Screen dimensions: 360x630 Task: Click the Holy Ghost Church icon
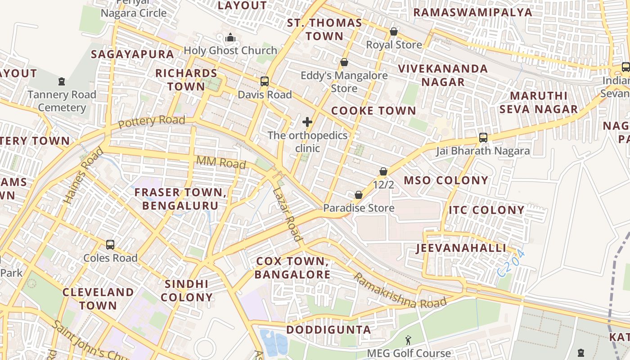click(x=230, y=37)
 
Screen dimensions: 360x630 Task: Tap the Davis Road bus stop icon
click(x=265, y=81)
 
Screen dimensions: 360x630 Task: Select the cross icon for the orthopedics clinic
click(x=307, y=122)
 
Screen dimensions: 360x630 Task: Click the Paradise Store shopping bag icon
click(x=359, y=195)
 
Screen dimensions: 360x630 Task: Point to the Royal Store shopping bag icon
click(x=394, y=31)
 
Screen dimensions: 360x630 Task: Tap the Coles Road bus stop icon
click(x=110, y=245)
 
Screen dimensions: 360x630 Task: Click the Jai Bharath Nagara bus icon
click(x=483, y=138)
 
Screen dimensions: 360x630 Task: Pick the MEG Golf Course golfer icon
click(x=408, y=340)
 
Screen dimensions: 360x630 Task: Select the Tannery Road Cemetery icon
click(x=62, y=81)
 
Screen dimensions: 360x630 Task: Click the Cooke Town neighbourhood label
click(x=373, y=111)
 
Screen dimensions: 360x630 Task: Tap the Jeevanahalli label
click(x=461, y=248)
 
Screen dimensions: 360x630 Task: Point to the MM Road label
click(x=221, y=162)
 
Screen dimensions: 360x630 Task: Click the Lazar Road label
click(x=287, y=215)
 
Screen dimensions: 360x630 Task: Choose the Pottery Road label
click(x=152, y=121)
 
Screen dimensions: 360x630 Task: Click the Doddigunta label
click(x=328, y=330)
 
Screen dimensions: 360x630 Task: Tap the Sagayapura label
click(x=132, y=54)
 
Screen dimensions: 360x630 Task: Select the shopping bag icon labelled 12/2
click(x=383, y=171)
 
